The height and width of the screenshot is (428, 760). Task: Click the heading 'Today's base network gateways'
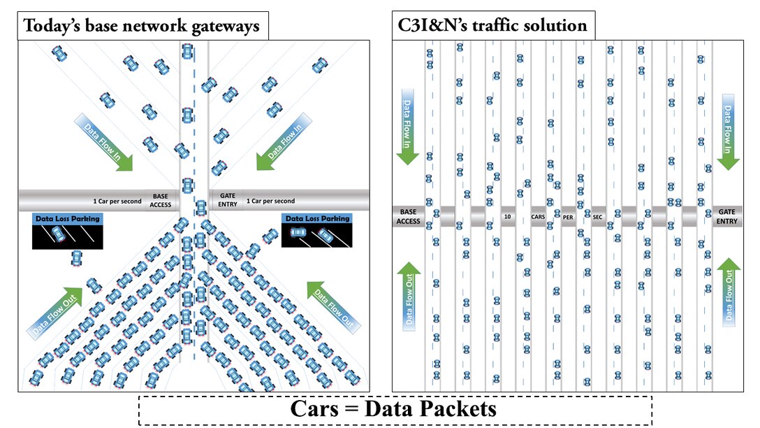click(x=142, y=27)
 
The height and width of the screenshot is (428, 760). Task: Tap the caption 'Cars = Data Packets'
click(x=395, y=408)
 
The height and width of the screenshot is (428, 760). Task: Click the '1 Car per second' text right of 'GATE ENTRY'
click(x=270, y=201)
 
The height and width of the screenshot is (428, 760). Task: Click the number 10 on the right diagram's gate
click(x=507, y=217)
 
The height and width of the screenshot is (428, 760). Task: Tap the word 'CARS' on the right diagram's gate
click(x=538, y=217)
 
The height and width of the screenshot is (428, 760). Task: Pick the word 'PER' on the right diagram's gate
click(x=567, y=217)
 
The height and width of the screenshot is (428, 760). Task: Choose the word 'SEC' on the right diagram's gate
click(x=597, y=217)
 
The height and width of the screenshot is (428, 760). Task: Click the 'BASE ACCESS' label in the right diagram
click(x=408, y=216)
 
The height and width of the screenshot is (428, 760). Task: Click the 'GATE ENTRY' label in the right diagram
click(x=727, y=216)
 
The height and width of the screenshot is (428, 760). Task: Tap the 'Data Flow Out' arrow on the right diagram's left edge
click(x=409, y=294)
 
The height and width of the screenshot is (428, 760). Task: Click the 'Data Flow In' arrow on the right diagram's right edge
click(x=727, y=131)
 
